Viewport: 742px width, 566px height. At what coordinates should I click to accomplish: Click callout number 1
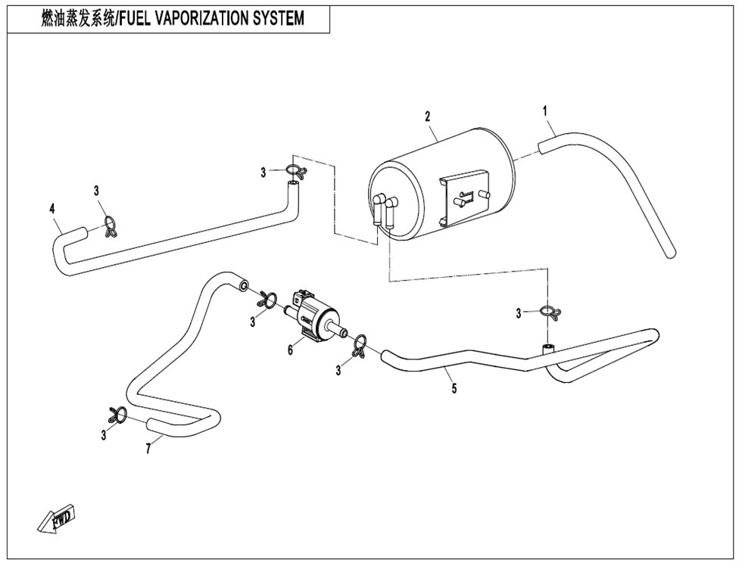point(544,111)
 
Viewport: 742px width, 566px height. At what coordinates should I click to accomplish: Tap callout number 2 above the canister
point(428,117)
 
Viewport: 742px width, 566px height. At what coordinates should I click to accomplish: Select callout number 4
point(52,208)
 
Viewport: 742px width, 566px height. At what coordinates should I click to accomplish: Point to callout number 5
point(454,389)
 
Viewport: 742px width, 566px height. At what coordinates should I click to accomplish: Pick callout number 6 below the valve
point(290,350)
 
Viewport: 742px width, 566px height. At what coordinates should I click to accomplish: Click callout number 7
point(148,448)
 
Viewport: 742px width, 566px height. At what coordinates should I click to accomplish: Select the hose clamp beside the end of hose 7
point(117,415)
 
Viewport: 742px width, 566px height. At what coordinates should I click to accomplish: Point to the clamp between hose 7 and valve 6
point(268,300)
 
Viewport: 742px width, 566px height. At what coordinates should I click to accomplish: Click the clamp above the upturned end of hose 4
point(296,169)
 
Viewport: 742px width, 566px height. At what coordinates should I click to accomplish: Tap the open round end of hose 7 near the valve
point(244,285)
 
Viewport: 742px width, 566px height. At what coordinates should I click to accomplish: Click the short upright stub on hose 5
point(548,350)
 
